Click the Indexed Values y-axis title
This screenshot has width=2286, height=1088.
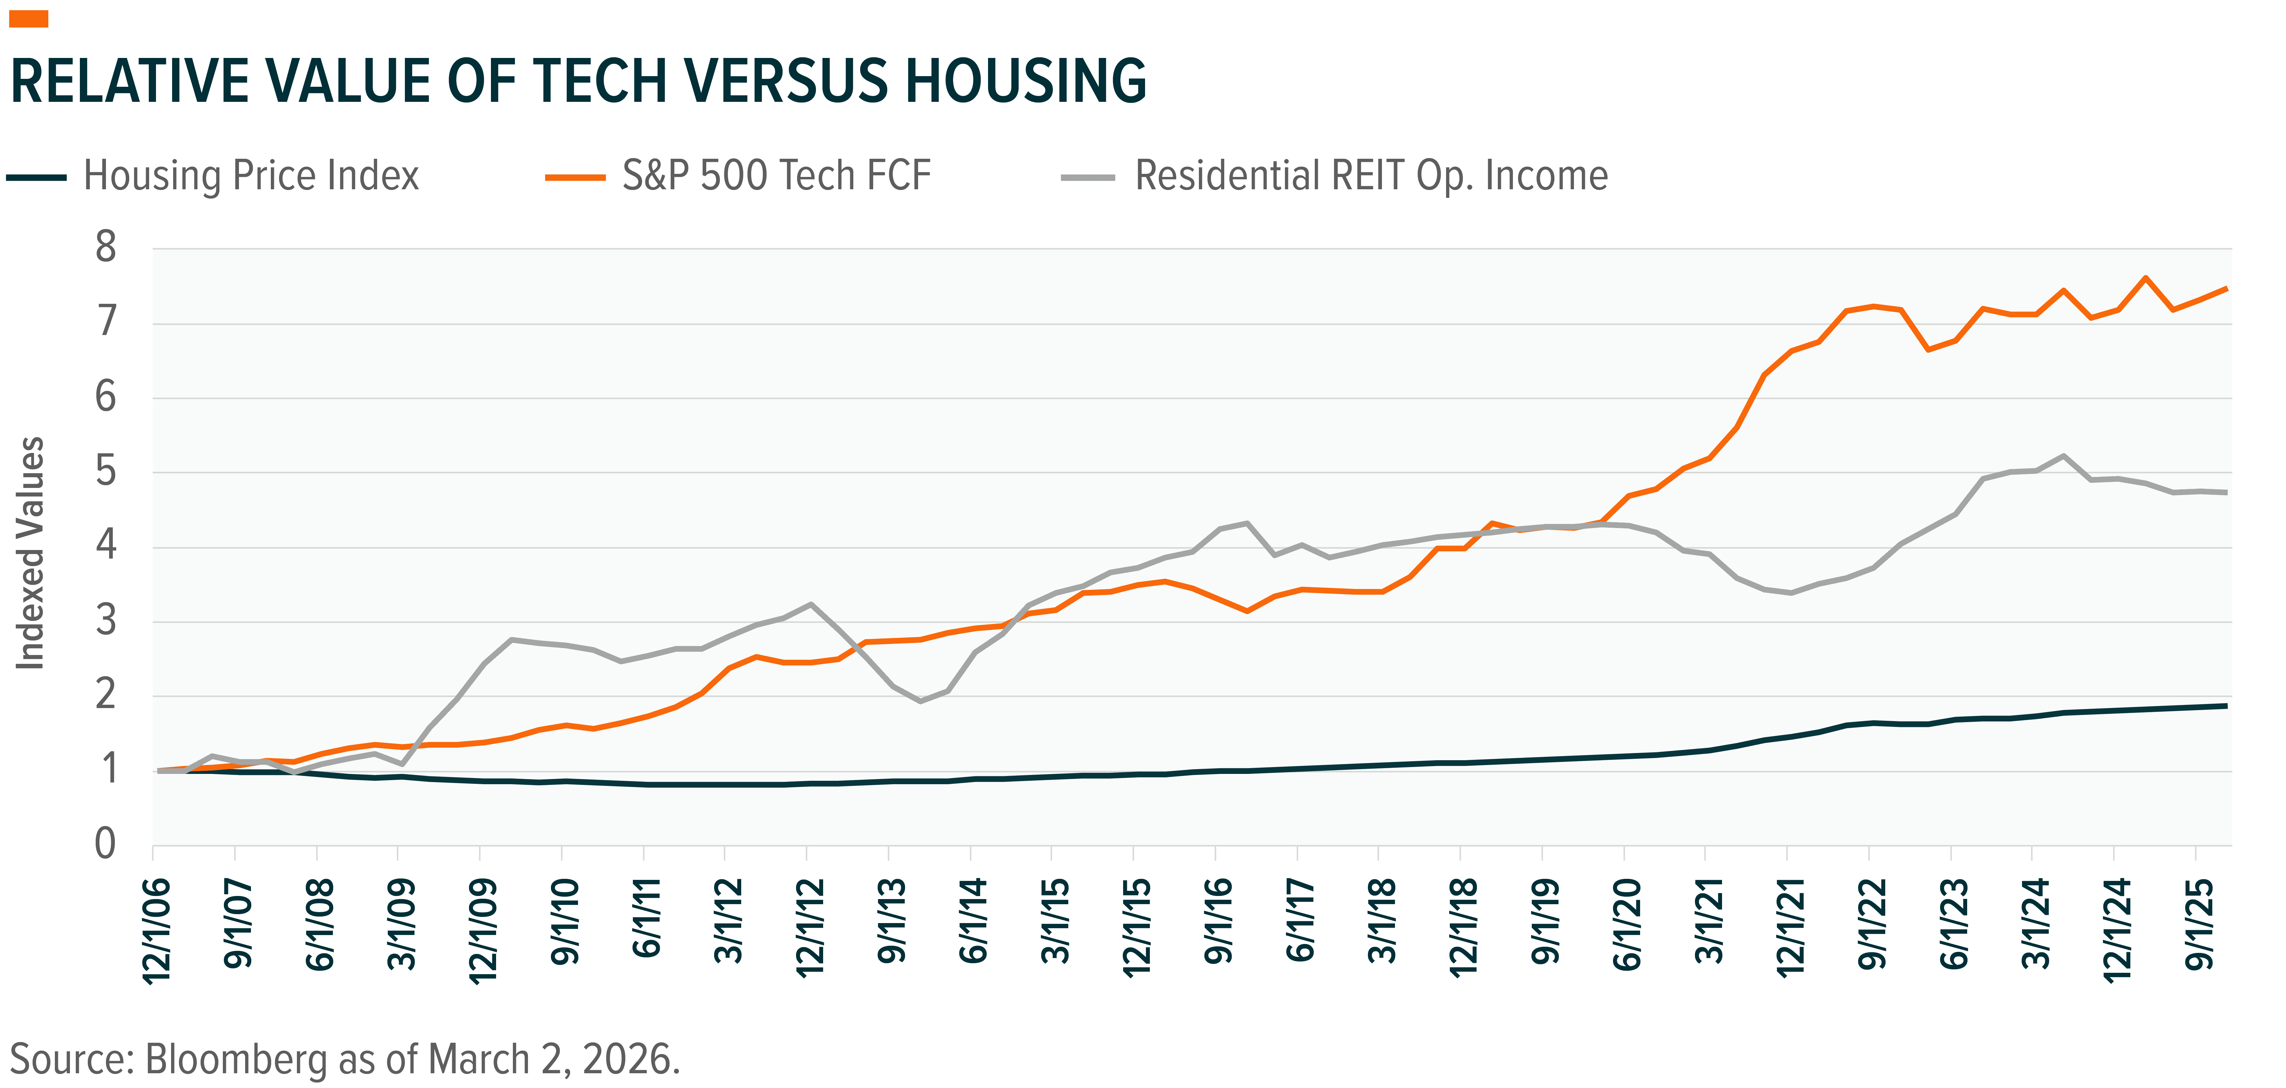(x=31, y=555)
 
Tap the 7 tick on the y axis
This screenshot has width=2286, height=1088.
(x=107, y=321)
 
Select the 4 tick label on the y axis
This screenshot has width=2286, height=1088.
(x=107, y=545)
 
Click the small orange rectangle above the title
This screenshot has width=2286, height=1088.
(x=28, y=19)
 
